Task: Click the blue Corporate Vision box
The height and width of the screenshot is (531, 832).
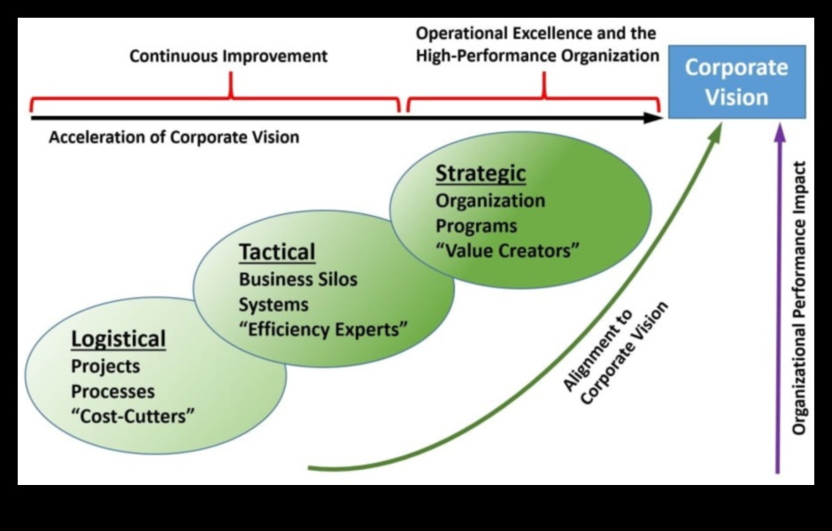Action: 736,81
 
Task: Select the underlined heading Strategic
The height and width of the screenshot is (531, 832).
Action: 480,173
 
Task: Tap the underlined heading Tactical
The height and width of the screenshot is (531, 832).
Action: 277,252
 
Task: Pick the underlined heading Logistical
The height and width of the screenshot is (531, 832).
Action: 119,339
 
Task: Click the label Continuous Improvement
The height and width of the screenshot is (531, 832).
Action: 228,57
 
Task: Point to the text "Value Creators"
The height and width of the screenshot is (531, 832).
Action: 507,250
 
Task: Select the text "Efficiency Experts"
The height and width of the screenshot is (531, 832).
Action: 324,330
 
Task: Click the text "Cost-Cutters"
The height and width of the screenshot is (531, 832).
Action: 133,416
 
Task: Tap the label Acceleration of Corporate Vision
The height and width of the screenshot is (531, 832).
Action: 173,137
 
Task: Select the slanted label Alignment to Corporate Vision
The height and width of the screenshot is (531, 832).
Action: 615,354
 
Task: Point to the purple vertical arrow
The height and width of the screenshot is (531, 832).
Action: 779,301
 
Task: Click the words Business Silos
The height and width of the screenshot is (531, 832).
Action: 298,279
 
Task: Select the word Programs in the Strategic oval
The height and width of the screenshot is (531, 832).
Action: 476,226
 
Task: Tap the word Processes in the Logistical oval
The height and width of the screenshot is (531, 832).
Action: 112,390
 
